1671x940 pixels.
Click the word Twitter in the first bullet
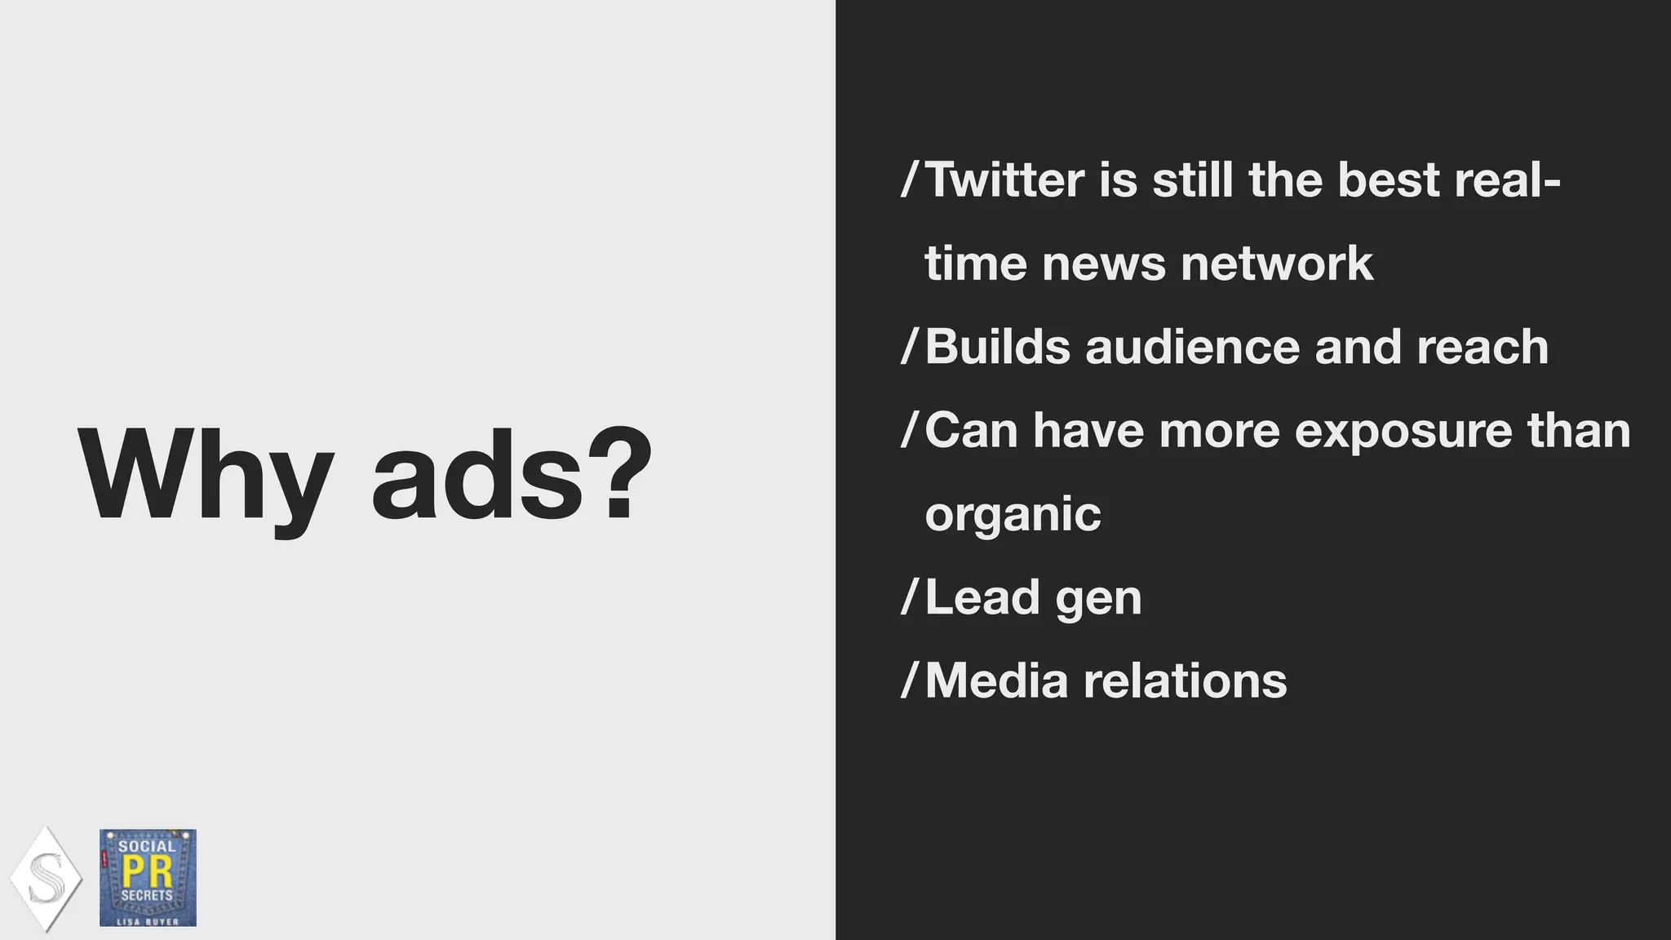click(x=1005, y=180)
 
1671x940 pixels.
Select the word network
click(x=1276, y=264)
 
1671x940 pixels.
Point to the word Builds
click(x=997, y=347)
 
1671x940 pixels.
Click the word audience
click(x=1192, y=347)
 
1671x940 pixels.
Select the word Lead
click(x=982, y=597)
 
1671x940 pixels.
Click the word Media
click(x=996, y=681)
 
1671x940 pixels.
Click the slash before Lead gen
click(x=909, y=596)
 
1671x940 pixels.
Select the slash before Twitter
click(x=909, y=179)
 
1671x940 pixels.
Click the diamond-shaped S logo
click(x=46, y=879)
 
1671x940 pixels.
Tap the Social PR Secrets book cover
click(x=148, y=878)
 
